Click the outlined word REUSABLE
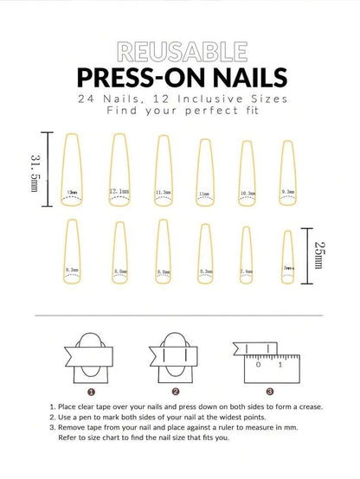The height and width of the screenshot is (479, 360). [x=179, y=50]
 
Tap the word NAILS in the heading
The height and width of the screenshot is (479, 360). [x=241, y=77]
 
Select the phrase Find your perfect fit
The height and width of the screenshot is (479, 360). [x=179, y=112]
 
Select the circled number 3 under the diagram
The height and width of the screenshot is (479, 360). [x=270, y=391]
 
